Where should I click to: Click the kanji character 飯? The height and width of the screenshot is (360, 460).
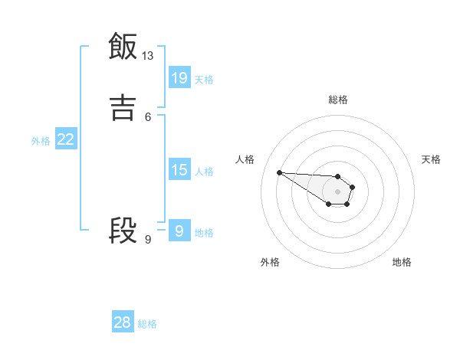click(123, 47)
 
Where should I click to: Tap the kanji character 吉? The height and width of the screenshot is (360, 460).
click(123, 107)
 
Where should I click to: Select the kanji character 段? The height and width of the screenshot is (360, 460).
click(123, 231)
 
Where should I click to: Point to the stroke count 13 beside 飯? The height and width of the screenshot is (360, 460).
click(148, 56)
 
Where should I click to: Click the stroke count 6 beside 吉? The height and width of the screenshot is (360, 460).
click(148, 116)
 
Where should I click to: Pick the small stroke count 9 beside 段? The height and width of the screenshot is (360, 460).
click(148, 240)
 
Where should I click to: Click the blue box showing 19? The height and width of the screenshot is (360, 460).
click(179, 77)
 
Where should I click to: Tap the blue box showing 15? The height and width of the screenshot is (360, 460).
click(179, 170)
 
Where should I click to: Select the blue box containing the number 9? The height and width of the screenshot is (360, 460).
click(179, 231)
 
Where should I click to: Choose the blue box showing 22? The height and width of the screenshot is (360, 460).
click(66, 139)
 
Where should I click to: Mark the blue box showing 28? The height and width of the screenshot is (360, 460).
click(123, 322)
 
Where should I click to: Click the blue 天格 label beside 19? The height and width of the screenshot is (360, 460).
click(204, 79)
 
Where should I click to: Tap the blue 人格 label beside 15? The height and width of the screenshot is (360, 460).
click(204, 172)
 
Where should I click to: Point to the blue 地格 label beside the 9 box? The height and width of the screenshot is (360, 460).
click(204, 233)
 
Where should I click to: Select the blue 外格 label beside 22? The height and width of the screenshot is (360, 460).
click(41, 141)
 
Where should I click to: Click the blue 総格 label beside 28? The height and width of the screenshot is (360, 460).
click(147, 324)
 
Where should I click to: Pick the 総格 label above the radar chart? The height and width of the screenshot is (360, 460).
click(337, 100)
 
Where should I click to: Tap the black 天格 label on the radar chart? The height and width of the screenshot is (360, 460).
click(431, 159)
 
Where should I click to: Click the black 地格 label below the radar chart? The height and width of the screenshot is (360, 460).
click(402, 262)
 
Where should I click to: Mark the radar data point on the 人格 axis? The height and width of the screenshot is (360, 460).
click(279, 172)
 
